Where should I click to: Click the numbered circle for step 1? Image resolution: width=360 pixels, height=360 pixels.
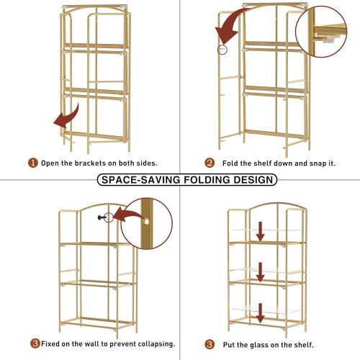(33, 163)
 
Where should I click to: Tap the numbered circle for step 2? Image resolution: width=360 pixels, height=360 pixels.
(210, 163)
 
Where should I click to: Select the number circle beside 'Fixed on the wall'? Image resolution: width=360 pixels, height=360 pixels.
(34, 343)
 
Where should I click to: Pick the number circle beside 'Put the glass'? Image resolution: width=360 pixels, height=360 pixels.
(210, 343)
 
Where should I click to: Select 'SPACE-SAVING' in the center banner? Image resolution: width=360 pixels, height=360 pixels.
(136, 180)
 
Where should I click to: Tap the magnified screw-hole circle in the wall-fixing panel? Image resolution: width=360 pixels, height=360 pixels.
(147, 225)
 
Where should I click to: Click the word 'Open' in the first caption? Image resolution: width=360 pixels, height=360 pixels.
(52, 163)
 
